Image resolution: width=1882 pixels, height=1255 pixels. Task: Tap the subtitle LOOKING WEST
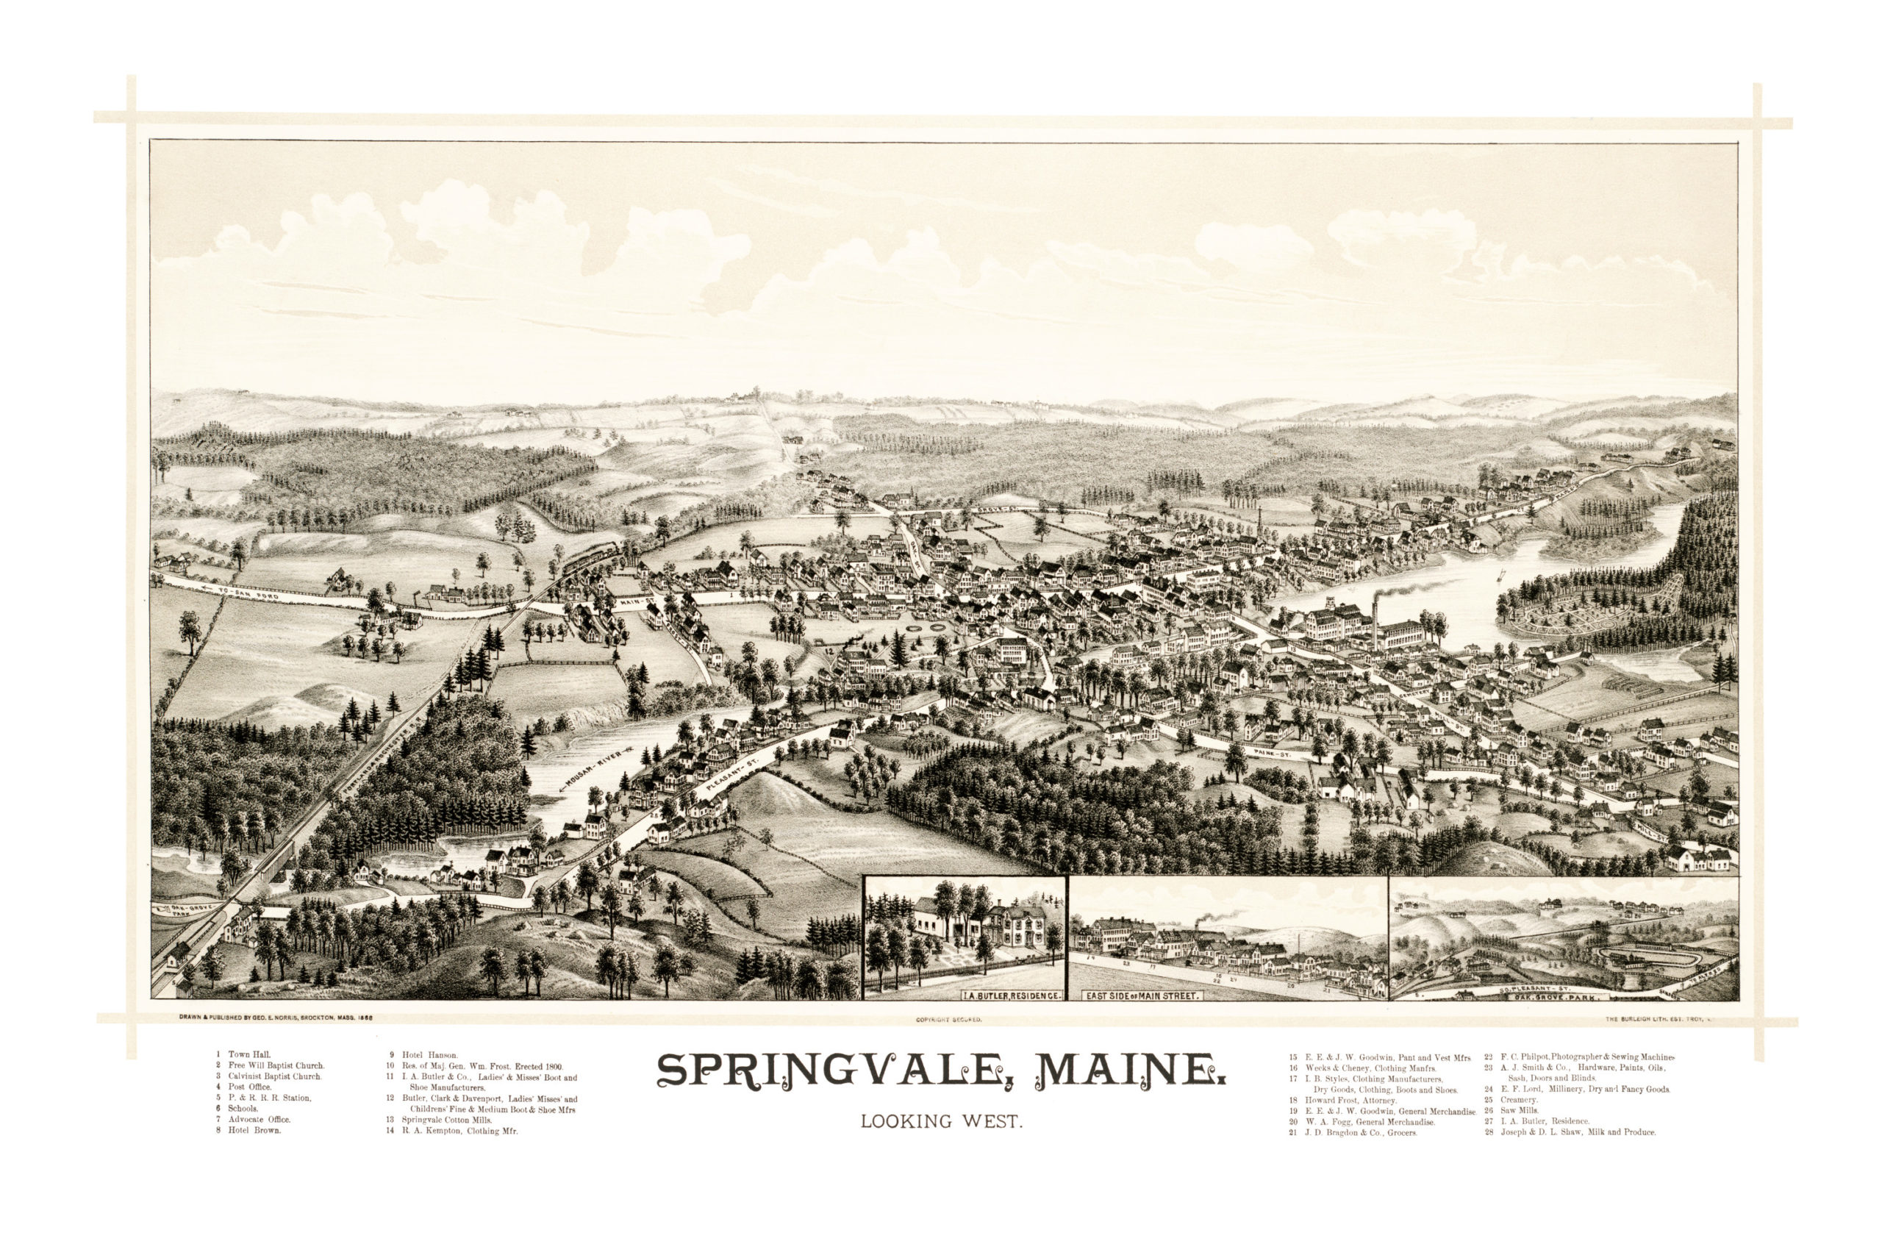tap(941, 1121)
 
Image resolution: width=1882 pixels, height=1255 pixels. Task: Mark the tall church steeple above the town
tap(1259, 522)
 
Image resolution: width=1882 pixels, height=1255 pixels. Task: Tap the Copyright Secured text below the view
tap(948, 1020)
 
